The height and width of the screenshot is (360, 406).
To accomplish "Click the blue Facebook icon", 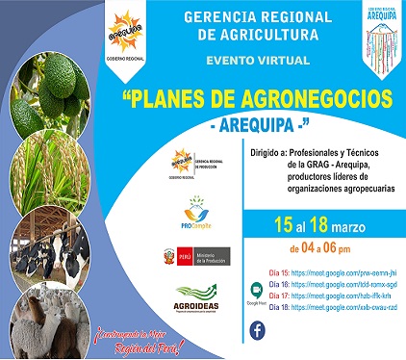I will pyautogui.click(x=258, y=330).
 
